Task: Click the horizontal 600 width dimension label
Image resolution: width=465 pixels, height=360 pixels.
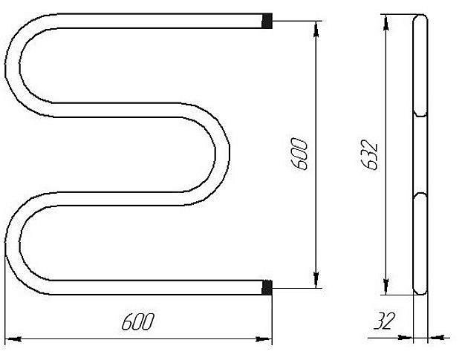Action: point(138,321)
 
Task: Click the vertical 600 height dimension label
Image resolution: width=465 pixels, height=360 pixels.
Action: point(299,154)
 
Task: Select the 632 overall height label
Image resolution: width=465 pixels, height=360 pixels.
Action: point(370,155)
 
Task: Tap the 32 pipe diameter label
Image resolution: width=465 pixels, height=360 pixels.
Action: point(384,321)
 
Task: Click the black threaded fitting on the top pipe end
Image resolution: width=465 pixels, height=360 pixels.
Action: point(267,21)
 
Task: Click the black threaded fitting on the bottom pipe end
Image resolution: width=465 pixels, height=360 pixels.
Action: point(267,287)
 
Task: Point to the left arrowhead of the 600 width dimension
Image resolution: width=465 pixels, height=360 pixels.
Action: point(13,339)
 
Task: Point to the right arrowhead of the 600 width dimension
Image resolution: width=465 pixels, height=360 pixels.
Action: point(264,339)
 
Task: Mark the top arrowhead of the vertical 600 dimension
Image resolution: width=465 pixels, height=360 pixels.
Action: point(316,29)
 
